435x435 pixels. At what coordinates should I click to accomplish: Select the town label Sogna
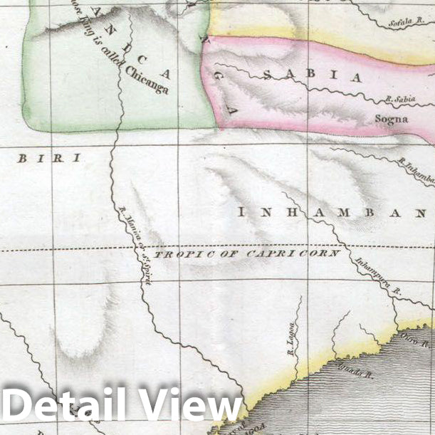pos(392,119)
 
